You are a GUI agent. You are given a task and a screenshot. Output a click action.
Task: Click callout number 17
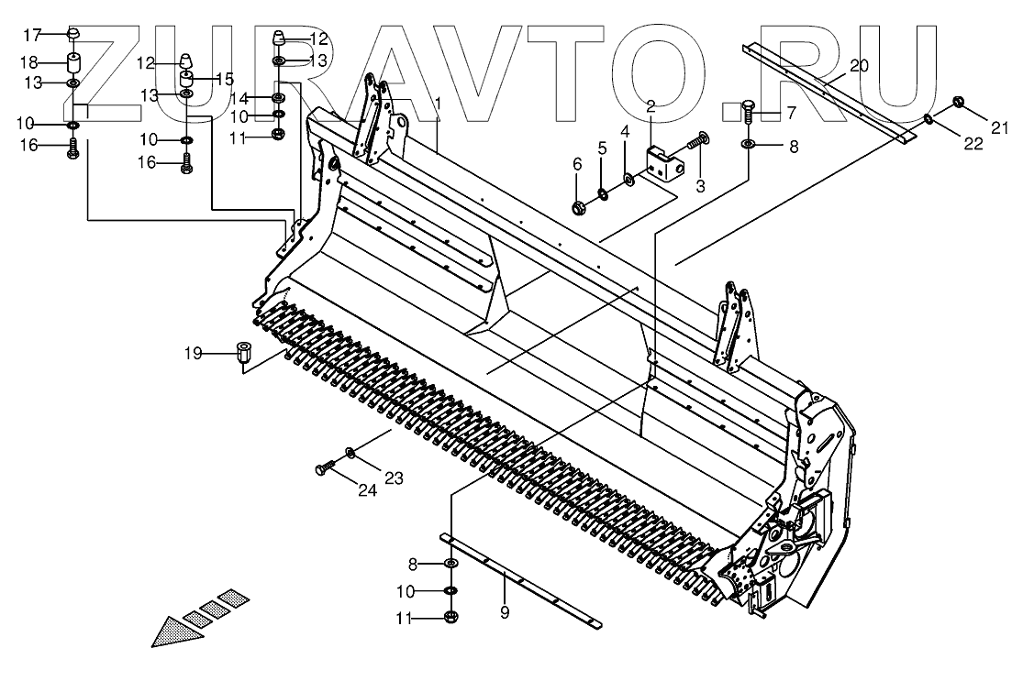[x=32, y=35]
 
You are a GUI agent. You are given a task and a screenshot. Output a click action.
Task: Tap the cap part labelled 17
[x=72, y=36]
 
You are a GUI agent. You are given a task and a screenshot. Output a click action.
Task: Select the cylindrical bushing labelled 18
[x=73, y=65]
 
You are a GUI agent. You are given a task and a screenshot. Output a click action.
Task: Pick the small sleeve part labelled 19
[x=243, y=353]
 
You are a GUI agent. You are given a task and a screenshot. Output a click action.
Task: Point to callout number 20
[x=858, y=65]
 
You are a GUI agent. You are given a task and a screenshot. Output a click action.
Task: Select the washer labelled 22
[x=930, y=118]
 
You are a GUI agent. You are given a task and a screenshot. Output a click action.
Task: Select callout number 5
[x=601, y=148]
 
